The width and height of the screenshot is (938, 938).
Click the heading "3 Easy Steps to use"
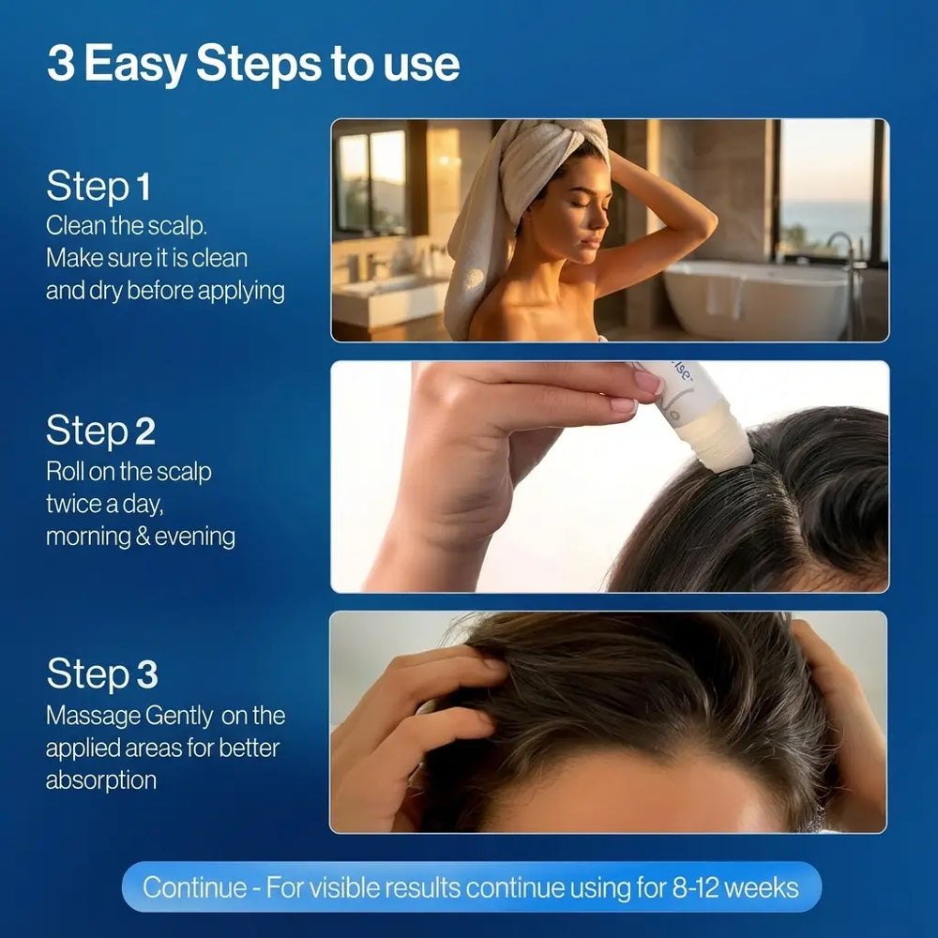click(253, 65)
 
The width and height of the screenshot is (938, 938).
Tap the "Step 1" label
click(98, 186)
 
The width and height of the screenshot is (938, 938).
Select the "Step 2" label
click(100, 431)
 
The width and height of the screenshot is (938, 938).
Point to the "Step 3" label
click(102, 673)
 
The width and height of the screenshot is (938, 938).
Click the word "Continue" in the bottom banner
click(194, 887)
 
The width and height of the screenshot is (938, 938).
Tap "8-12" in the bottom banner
click(694, 887)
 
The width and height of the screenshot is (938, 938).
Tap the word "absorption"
click(101, 780)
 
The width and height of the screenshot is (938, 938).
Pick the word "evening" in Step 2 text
click(195, 537)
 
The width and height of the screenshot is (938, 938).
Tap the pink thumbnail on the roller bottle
click(648, 381)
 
